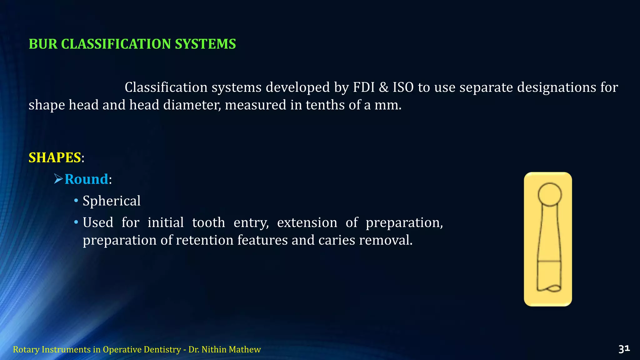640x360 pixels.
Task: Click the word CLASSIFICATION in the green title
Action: tap(116, 44)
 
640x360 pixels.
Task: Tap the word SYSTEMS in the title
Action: tap(205, 44)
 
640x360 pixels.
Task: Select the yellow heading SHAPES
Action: tap(55, 157)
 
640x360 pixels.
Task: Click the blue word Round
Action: tap(86, 179)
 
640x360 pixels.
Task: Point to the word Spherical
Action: tap(112, 201)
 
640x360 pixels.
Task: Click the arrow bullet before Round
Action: tap(58, 179)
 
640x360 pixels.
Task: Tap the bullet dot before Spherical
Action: tap(76, 201)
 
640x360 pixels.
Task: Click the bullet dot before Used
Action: tap(76, 222)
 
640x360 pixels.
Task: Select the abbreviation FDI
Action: tap(364, 87)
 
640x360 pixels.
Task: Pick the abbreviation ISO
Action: tap(403, 87)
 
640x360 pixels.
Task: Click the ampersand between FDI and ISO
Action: tap(384, 87)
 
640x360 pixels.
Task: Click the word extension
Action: tap(307, 222)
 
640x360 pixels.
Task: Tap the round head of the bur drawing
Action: tap(550, 194)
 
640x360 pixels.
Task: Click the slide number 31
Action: tap(624, 349)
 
